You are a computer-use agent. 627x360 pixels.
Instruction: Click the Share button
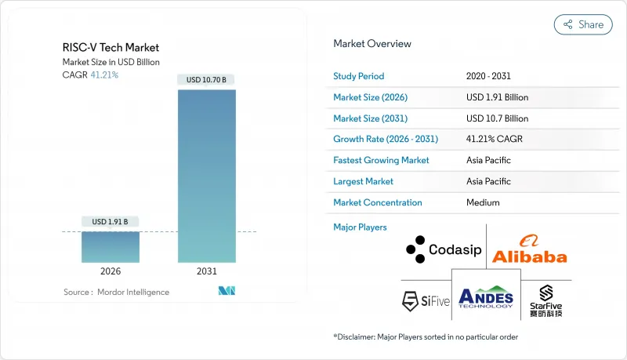[x=583, y=24]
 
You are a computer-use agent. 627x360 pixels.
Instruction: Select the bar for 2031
[x=206, y=176]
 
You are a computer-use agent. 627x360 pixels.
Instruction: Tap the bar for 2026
[x=111, y=246]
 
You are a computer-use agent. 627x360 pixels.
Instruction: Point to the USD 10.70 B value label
[x=206, y=80]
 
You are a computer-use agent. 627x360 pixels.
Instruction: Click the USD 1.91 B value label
[x=111, y=221]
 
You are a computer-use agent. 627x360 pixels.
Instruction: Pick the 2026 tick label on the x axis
[x=111, y=271]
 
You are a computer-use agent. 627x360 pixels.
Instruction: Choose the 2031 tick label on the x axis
[x=206, y=271]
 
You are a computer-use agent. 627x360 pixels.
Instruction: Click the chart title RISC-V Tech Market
[x=111, y=48]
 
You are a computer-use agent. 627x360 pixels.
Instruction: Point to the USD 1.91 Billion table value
[x=497, y=97]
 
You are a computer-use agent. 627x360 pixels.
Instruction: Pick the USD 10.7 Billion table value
[x=497, y=118]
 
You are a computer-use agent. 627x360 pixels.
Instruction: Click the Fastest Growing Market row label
[x=382, y=160]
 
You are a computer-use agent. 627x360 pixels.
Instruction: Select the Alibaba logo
[x=529, y=249]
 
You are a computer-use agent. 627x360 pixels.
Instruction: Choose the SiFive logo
[x=426, y=300]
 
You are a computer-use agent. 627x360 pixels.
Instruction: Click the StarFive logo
[x=545, y=300]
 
